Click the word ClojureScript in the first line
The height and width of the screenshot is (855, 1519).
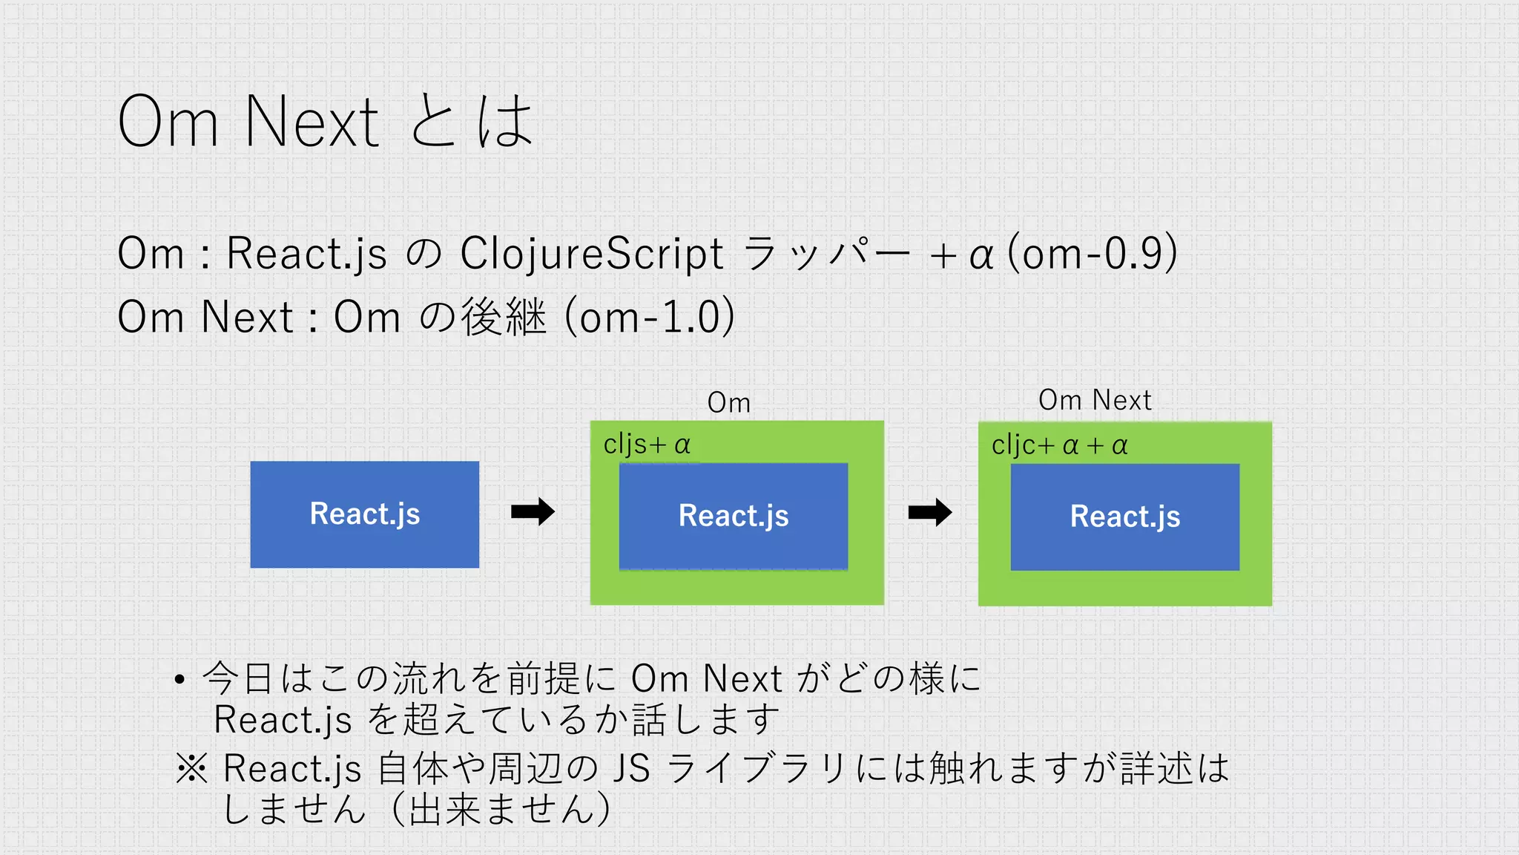click(x=591, y=254)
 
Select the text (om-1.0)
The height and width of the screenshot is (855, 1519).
click(x=650, y=317)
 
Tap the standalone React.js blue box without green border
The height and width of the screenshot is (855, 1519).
click(x=364, y=514)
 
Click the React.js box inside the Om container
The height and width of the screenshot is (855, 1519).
click(x=733, y=516)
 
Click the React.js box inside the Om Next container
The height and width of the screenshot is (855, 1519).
click(x=1124, y=517)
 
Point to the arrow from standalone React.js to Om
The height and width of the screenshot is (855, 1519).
click(x=533, y=511)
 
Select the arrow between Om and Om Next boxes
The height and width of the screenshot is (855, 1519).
click(x=930, y=512)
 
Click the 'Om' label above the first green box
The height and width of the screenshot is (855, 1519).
click(x=728, y=403)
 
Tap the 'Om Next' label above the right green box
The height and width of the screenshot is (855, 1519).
click(x=1095, y=401)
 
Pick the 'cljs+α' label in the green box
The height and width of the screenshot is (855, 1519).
click(x=647, y=445)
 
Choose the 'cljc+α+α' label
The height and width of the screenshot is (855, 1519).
click(x=1059, y=445)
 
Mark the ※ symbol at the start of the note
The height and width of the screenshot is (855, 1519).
click(x=192, y=768)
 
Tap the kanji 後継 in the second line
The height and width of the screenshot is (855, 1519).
click(x=504, y=317)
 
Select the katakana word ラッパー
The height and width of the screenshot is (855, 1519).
click(x=825, y=254)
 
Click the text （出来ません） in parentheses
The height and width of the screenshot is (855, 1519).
click(x=500, y=809)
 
